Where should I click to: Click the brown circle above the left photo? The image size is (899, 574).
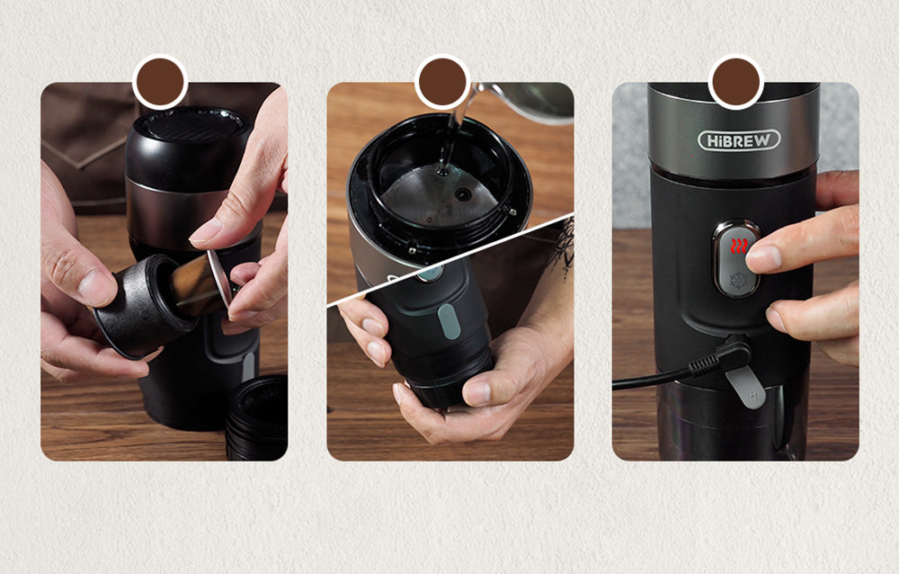pos(160,82)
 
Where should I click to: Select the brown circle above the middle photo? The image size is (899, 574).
pos(442,82)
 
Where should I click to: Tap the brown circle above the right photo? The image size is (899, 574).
pos(736,82)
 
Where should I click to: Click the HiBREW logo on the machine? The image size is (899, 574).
pos(739,139)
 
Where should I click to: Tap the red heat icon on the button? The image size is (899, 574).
pos(738,246)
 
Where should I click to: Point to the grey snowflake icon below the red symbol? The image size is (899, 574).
pos(738,277)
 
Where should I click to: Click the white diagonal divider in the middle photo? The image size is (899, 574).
pos(449,261)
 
